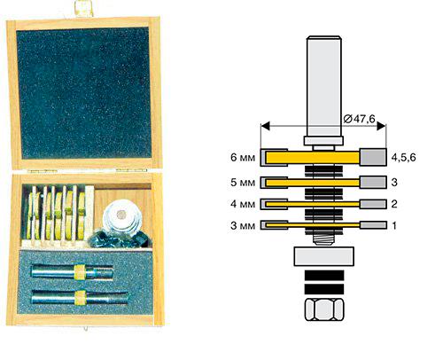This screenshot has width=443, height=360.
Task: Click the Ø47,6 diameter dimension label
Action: [x=359, y=119]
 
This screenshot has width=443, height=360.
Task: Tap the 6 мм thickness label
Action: [x=243, y=157]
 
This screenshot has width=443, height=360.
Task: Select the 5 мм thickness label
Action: [x=243, y=183]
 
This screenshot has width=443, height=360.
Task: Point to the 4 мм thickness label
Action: [x=243, y=204]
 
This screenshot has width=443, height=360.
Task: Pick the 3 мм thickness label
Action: [x=243, y=225]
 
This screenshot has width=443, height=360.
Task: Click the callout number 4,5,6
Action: [x=403, y=158]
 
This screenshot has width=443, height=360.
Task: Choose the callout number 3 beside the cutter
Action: [x=394, y=183]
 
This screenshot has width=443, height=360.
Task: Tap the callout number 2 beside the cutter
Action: [x=394, y=204]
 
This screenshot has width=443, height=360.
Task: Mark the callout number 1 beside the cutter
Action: [x=394, y=225]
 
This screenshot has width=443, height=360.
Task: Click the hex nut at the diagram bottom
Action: [x=324, y=309]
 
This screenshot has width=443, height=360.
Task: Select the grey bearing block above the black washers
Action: [x=324, y=256]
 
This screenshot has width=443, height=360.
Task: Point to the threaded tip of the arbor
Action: [x=324, y=239]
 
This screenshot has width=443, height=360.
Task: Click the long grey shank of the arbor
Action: [x=324, y=86]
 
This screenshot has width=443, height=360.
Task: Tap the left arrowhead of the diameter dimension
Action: [x=265, y=126]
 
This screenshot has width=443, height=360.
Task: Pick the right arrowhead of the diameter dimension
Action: [x=381, y=126]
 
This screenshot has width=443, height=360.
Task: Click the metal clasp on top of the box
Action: [x=84, y=8]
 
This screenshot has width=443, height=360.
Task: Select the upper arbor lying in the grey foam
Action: [x=73, y=272]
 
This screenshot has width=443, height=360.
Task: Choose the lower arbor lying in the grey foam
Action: [x=80, y=298]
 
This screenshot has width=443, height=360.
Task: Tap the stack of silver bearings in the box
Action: [x=122, y=218]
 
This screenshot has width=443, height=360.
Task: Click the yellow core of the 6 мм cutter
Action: [x=313, y=157]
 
